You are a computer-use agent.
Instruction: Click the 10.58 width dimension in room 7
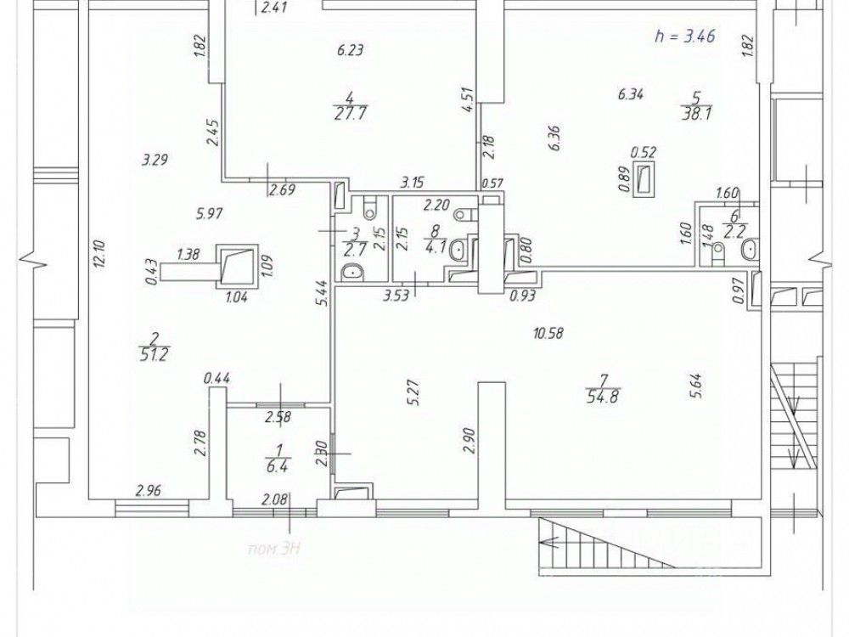point(549,333)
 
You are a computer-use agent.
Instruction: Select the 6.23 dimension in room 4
point(350,50)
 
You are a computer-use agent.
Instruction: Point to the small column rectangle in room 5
point(645,179)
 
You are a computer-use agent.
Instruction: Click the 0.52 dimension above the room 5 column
point(643,152)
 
